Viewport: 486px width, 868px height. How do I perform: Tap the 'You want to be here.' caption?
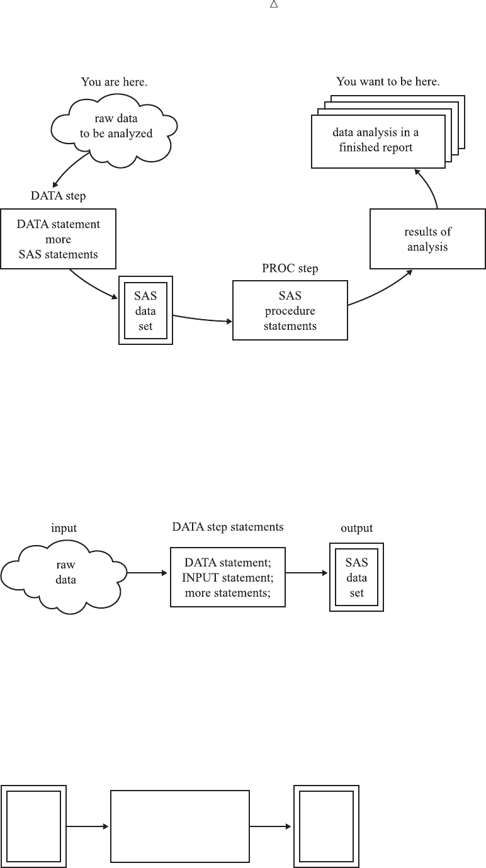click(x=388, y=82)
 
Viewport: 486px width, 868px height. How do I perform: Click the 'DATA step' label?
click(x=59, y=196)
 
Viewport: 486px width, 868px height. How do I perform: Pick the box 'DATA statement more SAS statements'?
click(x=59, y=239)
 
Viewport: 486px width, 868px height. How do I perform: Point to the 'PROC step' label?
click(x=290, y=269)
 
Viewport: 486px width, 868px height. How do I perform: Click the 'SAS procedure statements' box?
click(x=290, y=310)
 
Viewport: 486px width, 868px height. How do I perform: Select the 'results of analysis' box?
click(x=427, y=240)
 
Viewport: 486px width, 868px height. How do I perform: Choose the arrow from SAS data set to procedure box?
click(x=201, y=318)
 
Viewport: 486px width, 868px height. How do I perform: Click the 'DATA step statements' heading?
click(x=228, y=527)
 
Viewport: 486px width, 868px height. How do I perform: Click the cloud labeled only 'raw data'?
click(x=65, y=573)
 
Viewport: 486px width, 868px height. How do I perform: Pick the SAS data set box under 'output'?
click(x=356, y=577)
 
